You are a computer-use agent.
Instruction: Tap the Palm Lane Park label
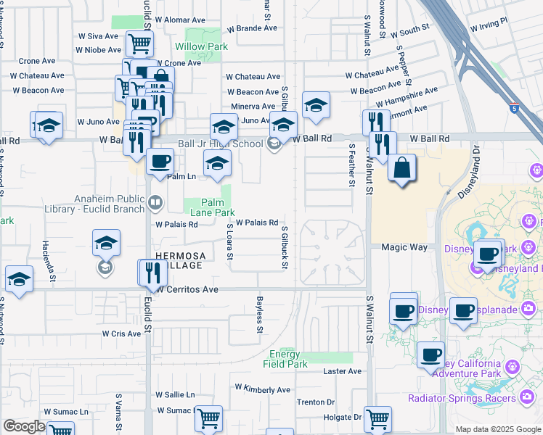coord(213,207)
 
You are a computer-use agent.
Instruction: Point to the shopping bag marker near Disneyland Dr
coord(401,170)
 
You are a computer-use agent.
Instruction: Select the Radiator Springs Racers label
coord(462,398)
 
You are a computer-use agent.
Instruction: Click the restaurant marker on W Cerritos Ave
coord(152,273)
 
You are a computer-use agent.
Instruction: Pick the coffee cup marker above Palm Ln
coord(159,162)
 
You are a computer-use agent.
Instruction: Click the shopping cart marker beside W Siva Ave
coord(139,43)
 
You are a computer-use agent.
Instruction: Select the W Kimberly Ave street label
coord(262,389)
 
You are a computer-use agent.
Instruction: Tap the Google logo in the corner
coord(25,426)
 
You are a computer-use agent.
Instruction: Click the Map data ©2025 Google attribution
coord(498,429)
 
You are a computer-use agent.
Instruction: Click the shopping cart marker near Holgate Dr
coord(377,418)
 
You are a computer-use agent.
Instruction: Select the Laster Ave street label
coord(342,371)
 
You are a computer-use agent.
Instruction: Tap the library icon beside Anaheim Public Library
coord(155,202)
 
